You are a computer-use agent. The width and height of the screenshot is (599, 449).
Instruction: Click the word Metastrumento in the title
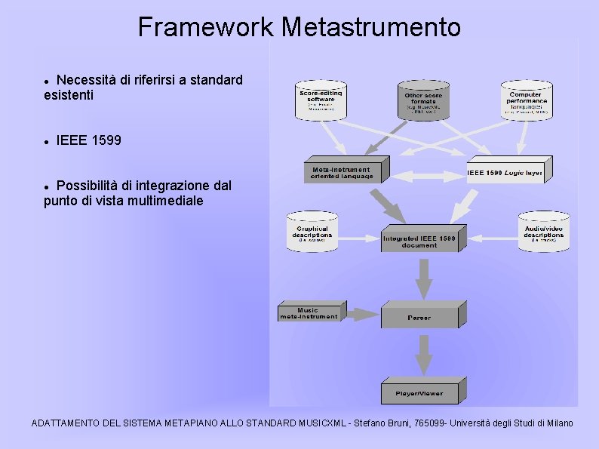(370, 27)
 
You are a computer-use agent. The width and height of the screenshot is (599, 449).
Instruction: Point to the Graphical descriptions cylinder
(312, 231)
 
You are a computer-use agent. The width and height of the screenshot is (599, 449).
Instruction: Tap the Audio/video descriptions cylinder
(543, 231)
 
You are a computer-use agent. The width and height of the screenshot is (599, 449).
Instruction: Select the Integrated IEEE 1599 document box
(419, 241)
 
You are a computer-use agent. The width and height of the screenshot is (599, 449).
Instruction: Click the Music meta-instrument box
(309, 313)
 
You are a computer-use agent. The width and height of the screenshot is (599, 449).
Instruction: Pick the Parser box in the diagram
(419, 317)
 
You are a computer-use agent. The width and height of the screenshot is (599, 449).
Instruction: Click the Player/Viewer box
(420, 392)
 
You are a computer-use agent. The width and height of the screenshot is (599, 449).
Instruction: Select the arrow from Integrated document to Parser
(424, 278)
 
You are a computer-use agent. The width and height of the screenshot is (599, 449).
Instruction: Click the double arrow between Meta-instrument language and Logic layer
(428, 175)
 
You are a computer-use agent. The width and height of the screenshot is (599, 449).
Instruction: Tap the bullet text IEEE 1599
(88, 140)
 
